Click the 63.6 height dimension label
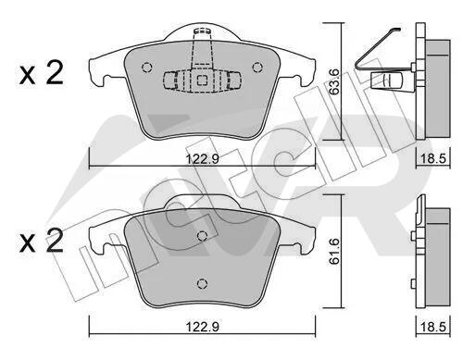pyautogui.click(x=334, y=81)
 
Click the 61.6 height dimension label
pyautogui.click(x=334, y=251)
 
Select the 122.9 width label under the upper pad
pyautogui.click(x=203, y=159)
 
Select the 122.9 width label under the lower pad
pyautogui.click(x=203, y=327)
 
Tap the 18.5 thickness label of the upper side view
pyautogui.click(x=433, y=159)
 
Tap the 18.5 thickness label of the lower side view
pyautogui.click(x=433, y=327)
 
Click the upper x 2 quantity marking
pyautogui.click(x=41, y=73)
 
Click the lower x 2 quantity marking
pyautogui.click(x=41, y=242)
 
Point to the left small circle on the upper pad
pyautogui.click(x=146, y=68)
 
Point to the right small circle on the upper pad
pyautogui.click(x=257, y=67)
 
